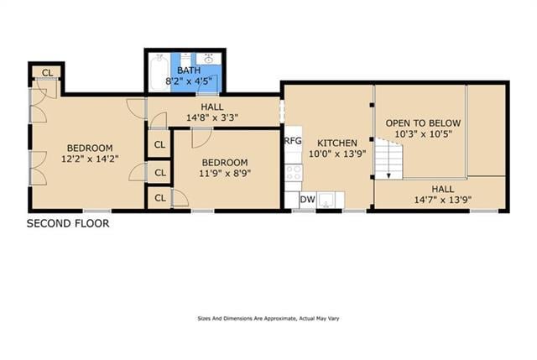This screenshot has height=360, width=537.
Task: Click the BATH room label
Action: pyautogui.click(x=189, y=70)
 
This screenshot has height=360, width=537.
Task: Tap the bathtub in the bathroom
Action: pyautogui.click(x=159, y=72)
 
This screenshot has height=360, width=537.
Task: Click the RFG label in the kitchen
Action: pyautogui.click(x=292, y=141)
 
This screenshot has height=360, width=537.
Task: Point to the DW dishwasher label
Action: pyautogui.click(x=307, y=200)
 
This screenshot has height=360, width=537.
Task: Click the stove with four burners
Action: pyautogui.click(x=293, y=172)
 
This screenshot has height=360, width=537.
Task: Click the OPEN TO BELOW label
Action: pyautogui.click(x=423, y=123)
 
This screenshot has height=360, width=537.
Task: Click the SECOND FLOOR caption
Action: pyautogui.click(x=68, y=223)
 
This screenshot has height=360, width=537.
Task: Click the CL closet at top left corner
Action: pyautogui.click(x=47, y=72)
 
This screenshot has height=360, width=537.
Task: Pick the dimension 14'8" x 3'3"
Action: pyautogui.click(x=211, y=117)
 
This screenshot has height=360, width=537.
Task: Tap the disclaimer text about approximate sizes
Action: pyautogui.click(x=268, y=319)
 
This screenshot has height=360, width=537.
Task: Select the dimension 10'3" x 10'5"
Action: pyautogui.click(x=423, y=134)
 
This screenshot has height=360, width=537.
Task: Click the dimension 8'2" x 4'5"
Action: pyautogui.click(x=189, y=81)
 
